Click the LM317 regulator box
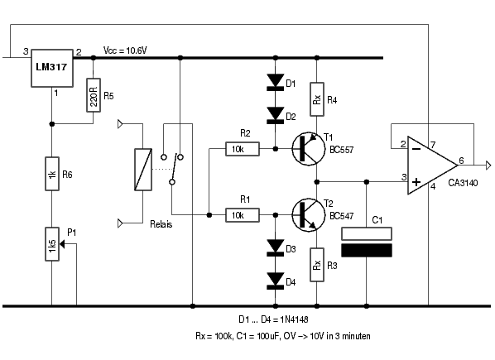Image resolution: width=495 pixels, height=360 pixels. coord(52,68)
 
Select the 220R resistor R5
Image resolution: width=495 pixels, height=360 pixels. coord(94,95)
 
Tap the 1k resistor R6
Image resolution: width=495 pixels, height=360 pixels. coord(52,174)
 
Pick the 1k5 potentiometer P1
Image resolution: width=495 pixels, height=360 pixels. coord(52,244)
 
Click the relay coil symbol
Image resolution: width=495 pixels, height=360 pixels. coord(143,170)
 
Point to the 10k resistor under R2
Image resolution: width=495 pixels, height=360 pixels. coord(243,149)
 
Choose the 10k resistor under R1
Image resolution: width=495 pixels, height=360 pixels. coord(243,215)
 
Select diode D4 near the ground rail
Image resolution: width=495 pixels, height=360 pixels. coord(276,281)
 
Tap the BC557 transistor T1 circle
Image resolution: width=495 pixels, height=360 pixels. coord(309,149)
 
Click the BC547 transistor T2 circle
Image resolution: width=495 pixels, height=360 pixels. coord(309,215)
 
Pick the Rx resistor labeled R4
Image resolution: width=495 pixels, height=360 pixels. coord(317,99)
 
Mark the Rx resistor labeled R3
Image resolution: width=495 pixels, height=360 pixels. coord(317,265)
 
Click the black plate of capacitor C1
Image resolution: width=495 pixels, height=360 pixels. coord(367,250)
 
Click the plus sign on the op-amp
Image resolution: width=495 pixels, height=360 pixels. coord(416,182)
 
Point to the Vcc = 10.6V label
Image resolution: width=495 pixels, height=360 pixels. coord(125,50)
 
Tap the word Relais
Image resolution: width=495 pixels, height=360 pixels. coord(161,224)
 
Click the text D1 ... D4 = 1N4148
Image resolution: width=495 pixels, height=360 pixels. coord(273,319)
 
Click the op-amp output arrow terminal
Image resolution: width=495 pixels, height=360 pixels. coord(488,166)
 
